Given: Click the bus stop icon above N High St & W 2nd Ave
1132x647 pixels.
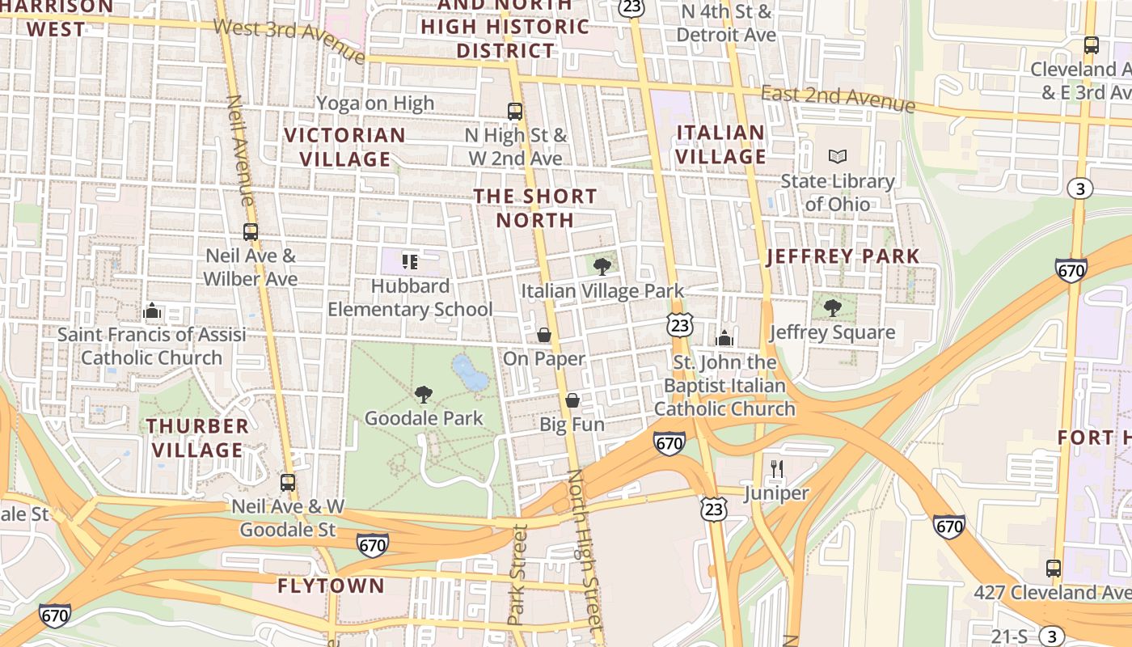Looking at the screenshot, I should pyautogui.click(x=515, y=111).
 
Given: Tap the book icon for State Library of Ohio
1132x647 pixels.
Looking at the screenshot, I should pyautogui.click(x=838, y=156).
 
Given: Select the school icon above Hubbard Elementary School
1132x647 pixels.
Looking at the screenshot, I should pyautogui.click(x=410, y=261).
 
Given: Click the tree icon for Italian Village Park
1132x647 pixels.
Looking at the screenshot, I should pyautogui.click(x=602, y=266).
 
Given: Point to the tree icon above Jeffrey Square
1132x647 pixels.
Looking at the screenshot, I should pyautogui.click(x=832, y=307).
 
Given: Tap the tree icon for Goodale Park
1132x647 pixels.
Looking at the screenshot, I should pyautogui.click(x=423, y=394).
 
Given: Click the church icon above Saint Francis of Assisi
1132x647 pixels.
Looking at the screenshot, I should pyautogui.click(x=151, y=311).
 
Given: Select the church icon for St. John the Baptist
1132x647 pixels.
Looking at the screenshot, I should pyautogui.click(x=724, y=337).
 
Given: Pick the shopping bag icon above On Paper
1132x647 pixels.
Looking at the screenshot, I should pyautogui.click(x=544, y=334).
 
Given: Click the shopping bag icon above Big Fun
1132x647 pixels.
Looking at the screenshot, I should pyautogui.click(x=572, y=400).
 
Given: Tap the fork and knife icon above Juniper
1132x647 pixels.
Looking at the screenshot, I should pyautogui.click(x=777, y=468).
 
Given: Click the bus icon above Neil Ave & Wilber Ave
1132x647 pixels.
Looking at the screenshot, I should pyautogui.click(x=251, y=232).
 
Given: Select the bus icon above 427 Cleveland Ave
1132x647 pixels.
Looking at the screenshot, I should pyautogui.click(x=1053, y=568).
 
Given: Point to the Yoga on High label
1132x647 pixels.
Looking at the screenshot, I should pyautogui.click(x=375, y=103).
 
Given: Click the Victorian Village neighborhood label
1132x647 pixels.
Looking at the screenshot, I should pyautogui.click(x=345, y=146).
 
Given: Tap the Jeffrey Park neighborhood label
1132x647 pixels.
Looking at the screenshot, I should pyautogui.click(x=843, y=256).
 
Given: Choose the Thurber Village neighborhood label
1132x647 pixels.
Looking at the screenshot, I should pyautogui.click(x=197, y=438).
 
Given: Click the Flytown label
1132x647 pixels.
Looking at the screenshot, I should pyautogui.click(x=331, y=586).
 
